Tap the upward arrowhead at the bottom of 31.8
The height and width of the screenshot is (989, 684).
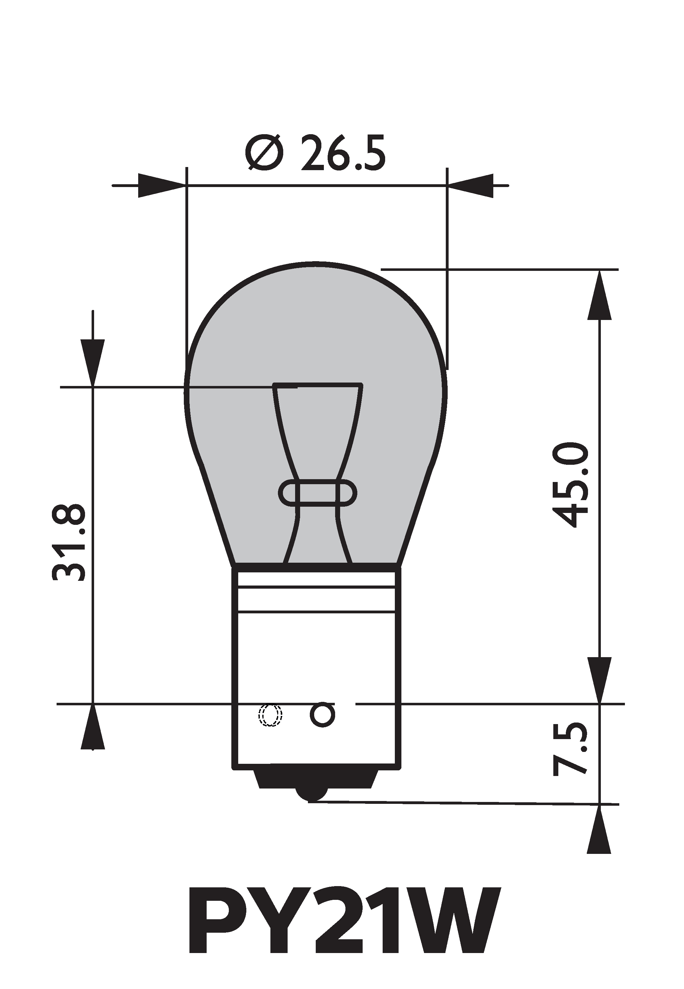coord(93,727)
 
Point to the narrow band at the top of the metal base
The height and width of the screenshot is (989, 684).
coord(317,578)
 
